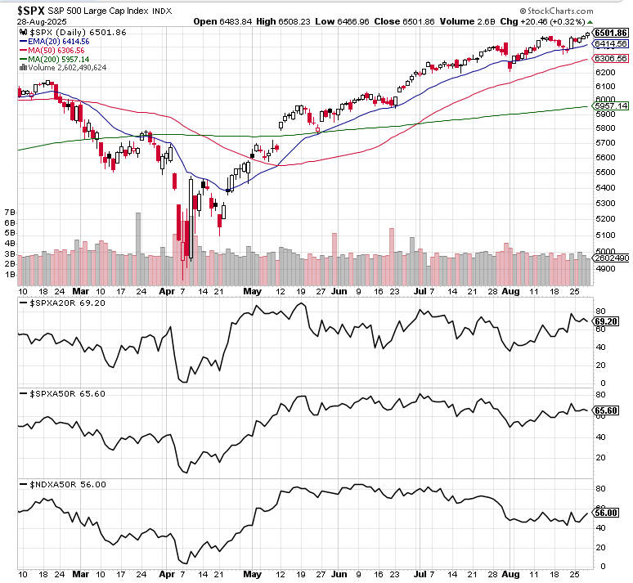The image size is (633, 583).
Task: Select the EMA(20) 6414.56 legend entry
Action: tap(59, 40)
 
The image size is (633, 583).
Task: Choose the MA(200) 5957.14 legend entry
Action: tap(58, 58)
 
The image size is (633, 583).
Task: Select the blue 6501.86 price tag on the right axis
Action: tap(611, 33)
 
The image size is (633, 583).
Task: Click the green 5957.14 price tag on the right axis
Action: tap(611, 106)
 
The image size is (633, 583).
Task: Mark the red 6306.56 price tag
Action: tap(611, 59)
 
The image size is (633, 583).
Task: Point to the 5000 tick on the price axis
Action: tap(606, 251)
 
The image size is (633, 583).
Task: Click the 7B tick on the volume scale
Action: tap(10, 212)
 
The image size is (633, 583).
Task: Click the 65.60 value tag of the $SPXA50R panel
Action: tap(610, 412)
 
